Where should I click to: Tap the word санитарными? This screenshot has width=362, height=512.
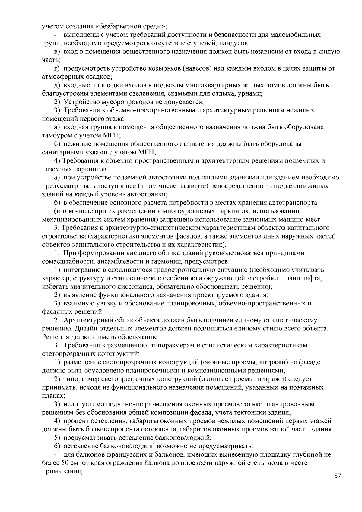[60, 152]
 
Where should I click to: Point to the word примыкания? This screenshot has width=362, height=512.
[62, 471]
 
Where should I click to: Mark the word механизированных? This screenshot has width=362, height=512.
[68, 219]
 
